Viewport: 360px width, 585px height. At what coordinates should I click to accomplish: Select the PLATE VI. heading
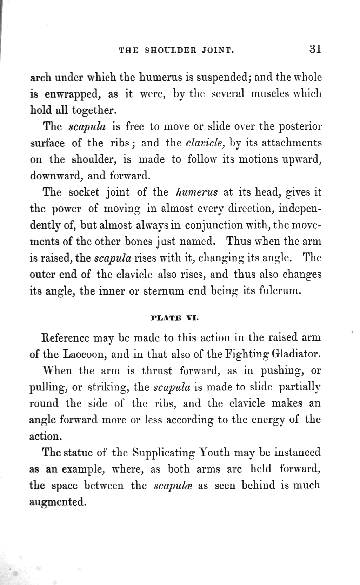(x=174, y=318)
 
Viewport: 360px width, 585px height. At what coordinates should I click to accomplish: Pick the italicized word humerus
(x=196, y=192)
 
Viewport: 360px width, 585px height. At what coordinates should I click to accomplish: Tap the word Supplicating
(x=164, y=453)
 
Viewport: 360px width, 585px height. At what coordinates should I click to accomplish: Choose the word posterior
(x=300, y=127)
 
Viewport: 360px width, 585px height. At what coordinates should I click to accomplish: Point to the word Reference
(x=66, y=337)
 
